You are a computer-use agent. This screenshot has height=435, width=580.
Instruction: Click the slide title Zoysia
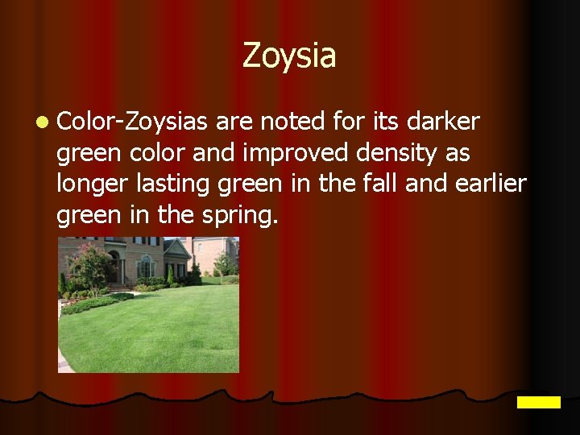click(289, 56)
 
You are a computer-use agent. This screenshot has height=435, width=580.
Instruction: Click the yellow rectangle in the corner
click(538, 402)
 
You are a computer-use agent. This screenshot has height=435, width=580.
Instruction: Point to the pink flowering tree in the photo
click(91, 264)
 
